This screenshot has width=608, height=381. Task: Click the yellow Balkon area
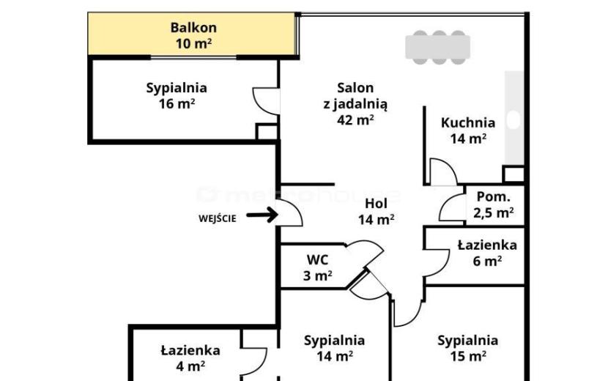[193, 34]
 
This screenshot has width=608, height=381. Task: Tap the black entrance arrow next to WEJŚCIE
[262, 214]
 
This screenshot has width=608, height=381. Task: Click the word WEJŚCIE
[217, 218]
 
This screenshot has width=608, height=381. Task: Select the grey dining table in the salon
[438, 47]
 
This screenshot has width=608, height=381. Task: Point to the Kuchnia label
[468, 122]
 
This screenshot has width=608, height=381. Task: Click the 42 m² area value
[355, 119]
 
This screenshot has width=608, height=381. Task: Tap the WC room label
[317, 259]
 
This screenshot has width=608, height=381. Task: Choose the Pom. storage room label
[493, 196]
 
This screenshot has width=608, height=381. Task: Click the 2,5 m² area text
[493, 212]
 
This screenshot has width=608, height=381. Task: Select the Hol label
[376, 203]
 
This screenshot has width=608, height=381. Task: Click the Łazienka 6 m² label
[487, 253]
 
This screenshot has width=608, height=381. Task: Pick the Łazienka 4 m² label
[190, 358]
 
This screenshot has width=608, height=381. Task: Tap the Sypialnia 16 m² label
[177, 95]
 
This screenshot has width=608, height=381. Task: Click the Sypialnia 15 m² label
[467, 348]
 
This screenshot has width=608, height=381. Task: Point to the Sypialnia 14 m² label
[334, 348]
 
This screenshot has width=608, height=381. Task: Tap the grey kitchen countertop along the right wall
[514, 117]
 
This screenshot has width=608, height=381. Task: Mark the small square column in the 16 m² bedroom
[267, 132]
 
